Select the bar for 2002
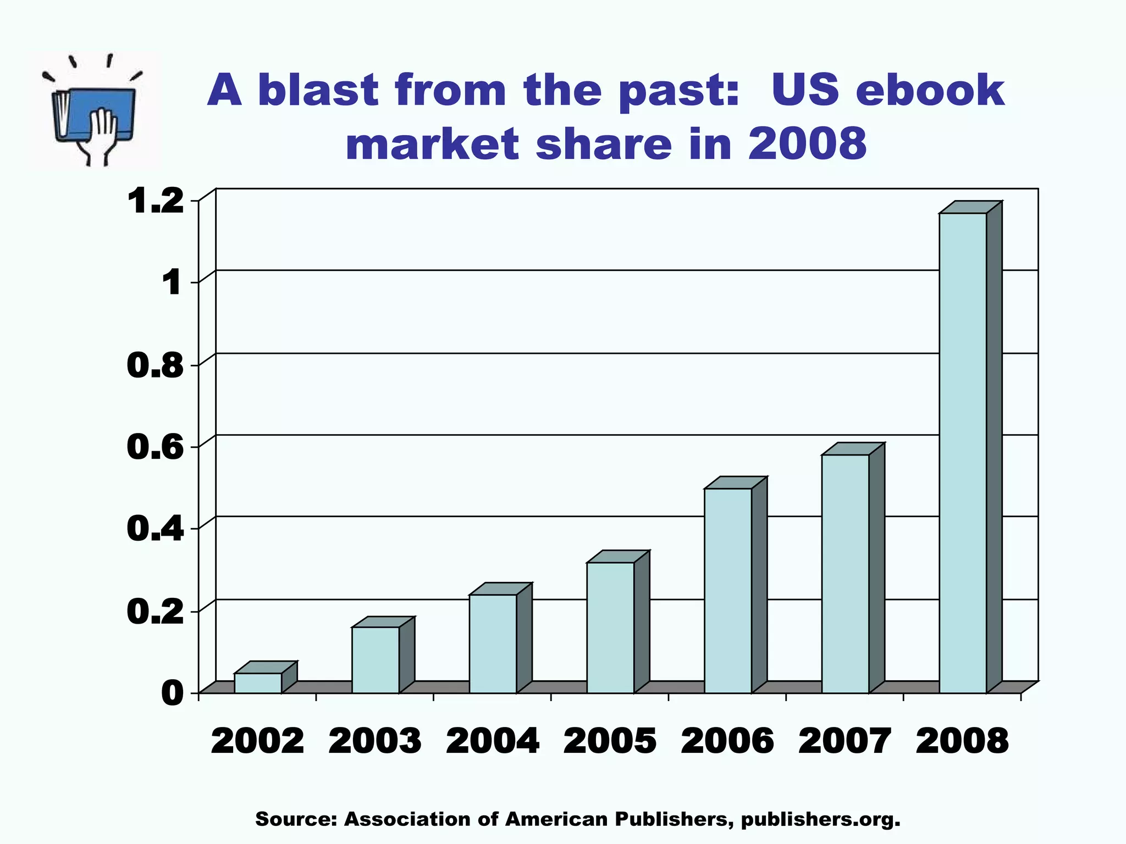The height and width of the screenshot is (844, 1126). tap(258, 682)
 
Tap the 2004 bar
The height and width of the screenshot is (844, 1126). tap(493, 643)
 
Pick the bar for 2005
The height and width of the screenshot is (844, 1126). tap(611, 628)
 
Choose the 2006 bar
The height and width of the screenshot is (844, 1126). tap(728, 590)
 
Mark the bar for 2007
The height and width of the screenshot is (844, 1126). tap(846, 574)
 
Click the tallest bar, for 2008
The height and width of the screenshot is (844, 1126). tap(963, 453)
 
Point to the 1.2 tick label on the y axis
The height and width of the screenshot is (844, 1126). tap(156, 201)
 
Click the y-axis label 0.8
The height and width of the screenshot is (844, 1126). tap(155, 365)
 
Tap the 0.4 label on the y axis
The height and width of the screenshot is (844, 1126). tap(155, 529)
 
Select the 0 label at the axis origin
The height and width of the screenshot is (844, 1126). tap(173, 693)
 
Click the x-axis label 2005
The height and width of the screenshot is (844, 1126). tap(610, 741)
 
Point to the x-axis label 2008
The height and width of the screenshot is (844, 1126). tap(963, 741)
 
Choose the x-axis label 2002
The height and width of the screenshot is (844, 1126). tap(258, 741)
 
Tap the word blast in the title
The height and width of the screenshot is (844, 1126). tap(317, 91)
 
